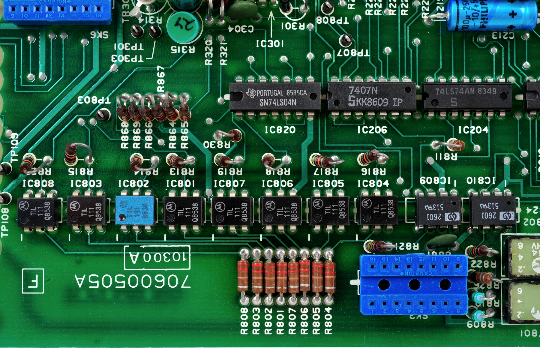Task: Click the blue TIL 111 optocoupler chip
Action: (x=136, y=210)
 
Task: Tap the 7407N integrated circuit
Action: (x=371, y=97)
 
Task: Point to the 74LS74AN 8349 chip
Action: (x=467, y=97)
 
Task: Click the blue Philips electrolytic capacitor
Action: (x=492, y=15)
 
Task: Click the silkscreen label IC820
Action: (x=280, y=130)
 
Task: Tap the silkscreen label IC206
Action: (x=372, y=130)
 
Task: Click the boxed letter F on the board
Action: (x=33, y=281)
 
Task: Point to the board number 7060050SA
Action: (x=132, y=281)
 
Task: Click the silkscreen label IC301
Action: (x=270, y=44)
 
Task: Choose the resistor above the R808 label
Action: (x=243, y=276)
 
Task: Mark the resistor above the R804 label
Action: (x=329, y=276)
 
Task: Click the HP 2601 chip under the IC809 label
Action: (x=438, y=211)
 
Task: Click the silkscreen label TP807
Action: (x=353, y=53)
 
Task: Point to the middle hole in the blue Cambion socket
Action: (x=414, y=284)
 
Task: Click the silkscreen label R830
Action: (x=217, y=145)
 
